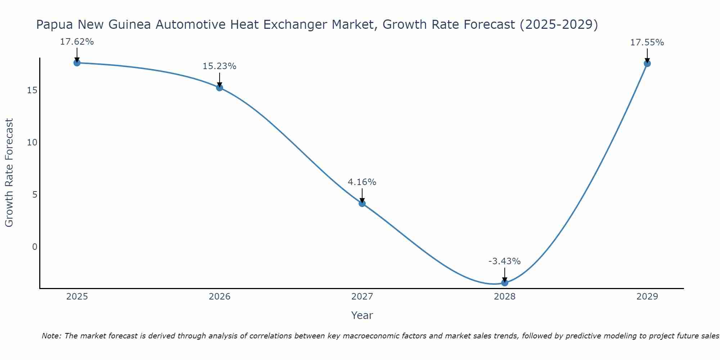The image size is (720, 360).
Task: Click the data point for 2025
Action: click(x=77, y=63)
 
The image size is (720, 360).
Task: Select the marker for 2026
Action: click(x=220, y=87)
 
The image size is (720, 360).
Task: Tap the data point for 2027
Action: click(x=362, y=203)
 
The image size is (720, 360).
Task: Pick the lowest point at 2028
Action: click(x=505, y=283)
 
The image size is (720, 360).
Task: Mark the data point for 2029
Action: click(x=647, y=64)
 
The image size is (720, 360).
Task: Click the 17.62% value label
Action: click(x=77, y=42)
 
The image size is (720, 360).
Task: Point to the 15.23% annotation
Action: click(x=220, y=66)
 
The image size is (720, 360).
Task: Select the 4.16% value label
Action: click(x=362, y=182)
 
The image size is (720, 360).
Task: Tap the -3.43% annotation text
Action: click(x=505, y=261)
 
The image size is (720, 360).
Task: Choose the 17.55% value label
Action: click(x=647, y=42)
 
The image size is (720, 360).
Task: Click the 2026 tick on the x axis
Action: click(x=220, y=297)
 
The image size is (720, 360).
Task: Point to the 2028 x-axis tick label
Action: click(x=505, y=297)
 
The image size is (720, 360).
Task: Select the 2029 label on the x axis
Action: click(x=647, y=297)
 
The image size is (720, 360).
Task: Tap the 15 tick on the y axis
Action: click(x=32, y=90)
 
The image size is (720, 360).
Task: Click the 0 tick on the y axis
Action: click(x=35, y=247)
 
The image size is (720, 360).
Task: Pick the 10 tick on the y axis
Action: click(x=32, y=142)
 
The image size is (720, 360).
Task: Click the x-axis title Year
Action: click(x=362, y=315)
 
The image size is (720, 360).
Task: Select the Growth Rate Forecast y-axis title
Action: click(x=9, y=173)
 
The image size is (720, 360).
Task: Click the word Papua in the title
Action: click(x=55, y=24)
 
